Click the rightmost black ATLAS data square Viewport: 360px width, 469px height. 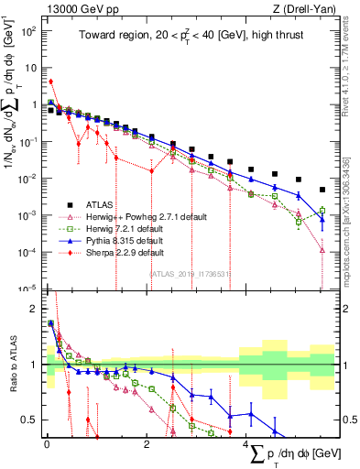coord(322,191)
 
